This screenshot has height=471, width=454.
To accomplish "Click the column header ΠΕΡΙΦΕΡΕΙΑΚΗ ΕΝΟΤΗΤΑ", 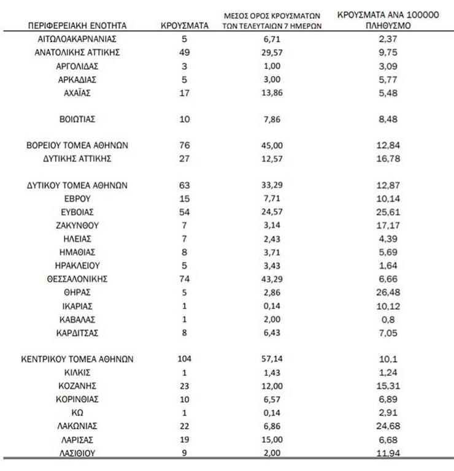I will pyautogui.click(x=77, y=26).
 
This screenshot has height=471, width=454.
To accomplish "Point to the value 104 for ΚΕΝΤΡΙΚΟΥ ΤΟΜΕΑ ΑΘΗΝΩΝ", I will pyautogui.click(x=184, y=359).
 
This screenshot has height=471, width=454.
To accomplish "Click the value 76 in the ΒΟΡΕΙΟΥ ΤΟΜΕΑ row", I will pyautogui.click(x=184, y=146).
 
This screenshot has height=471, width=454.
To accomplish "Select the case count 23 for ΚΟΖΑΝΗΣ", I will pyautogui.click(x=184, y=386).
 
